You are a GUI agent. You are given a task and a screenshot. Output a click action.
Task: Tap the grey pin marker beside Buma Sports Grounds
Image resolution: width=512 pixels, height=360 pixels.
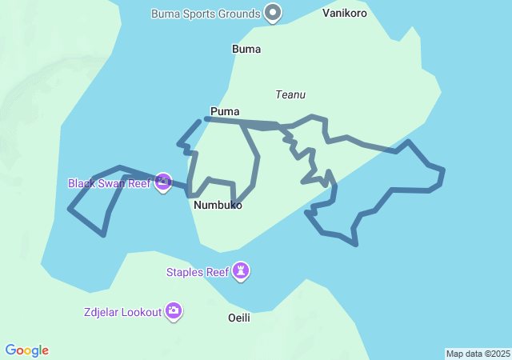274,12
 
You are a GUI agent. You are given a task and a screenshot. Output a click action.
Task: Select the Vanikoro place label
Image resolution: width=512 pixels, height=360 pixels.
344,14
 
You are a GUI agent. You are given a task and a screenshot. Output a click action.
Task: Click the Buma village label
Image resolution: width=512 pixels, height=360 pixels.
246,49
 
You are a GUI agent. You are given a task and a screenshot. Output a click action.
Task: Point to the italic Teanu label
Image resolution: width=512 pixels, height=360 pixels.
290,94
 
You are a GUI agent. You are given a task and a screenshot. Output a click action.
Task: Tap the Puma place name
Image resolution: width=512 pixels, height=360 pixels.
225,111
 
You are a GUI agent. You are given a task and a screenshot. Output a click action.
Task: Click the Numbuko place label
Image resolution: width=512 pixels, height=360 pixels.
218,205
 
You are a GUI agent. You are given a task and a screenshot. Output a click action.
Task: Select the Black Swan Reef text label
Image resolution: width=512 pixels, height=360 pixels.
109,183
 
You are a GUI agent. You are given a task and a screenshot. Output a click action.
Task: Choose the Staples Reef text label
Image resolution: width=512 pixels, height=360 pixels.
198,272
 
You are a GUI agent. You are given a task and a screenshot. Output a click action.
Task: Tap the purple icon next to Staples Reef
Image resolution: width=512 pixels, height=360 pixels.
241,272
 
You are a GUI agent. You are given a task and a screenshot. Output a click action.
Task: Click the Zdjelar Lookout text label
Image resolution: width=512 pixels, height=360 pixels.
122,311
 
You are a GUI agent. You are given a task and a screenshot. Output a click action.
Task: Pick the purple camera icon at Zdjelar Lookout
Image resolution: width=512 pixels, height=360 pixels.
174,310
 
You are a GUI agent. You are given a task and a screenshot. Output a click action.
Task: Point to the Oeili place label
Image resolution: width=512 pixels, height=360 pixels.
239,318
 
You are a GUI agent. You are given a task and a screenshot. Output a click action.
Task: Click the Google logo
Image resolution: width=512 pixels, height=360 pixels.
27,350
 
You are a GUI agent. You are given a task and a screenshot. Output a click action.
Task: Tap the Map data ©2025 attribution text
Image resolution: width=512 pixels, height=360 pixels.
478,354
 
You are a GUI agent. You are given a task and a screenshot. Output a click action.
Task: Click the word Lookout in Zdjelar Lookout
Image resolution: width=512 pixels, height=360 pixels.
140,311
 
